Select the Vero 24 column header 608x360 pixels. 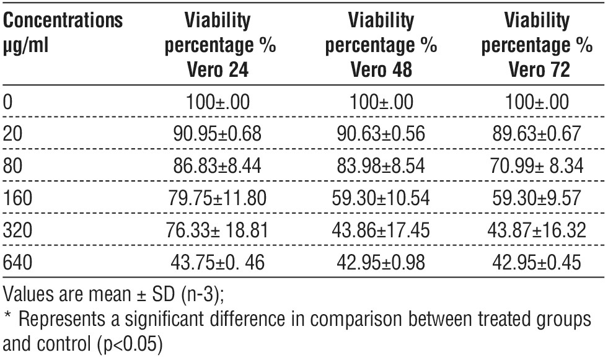pyautogui.click(x=218, y=46)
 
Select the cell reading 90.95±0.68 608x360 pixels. pyautogui.click(x=218, y=134)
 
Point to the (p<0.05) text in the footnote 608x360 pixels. pyautogui.click(x=132, y=343)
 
